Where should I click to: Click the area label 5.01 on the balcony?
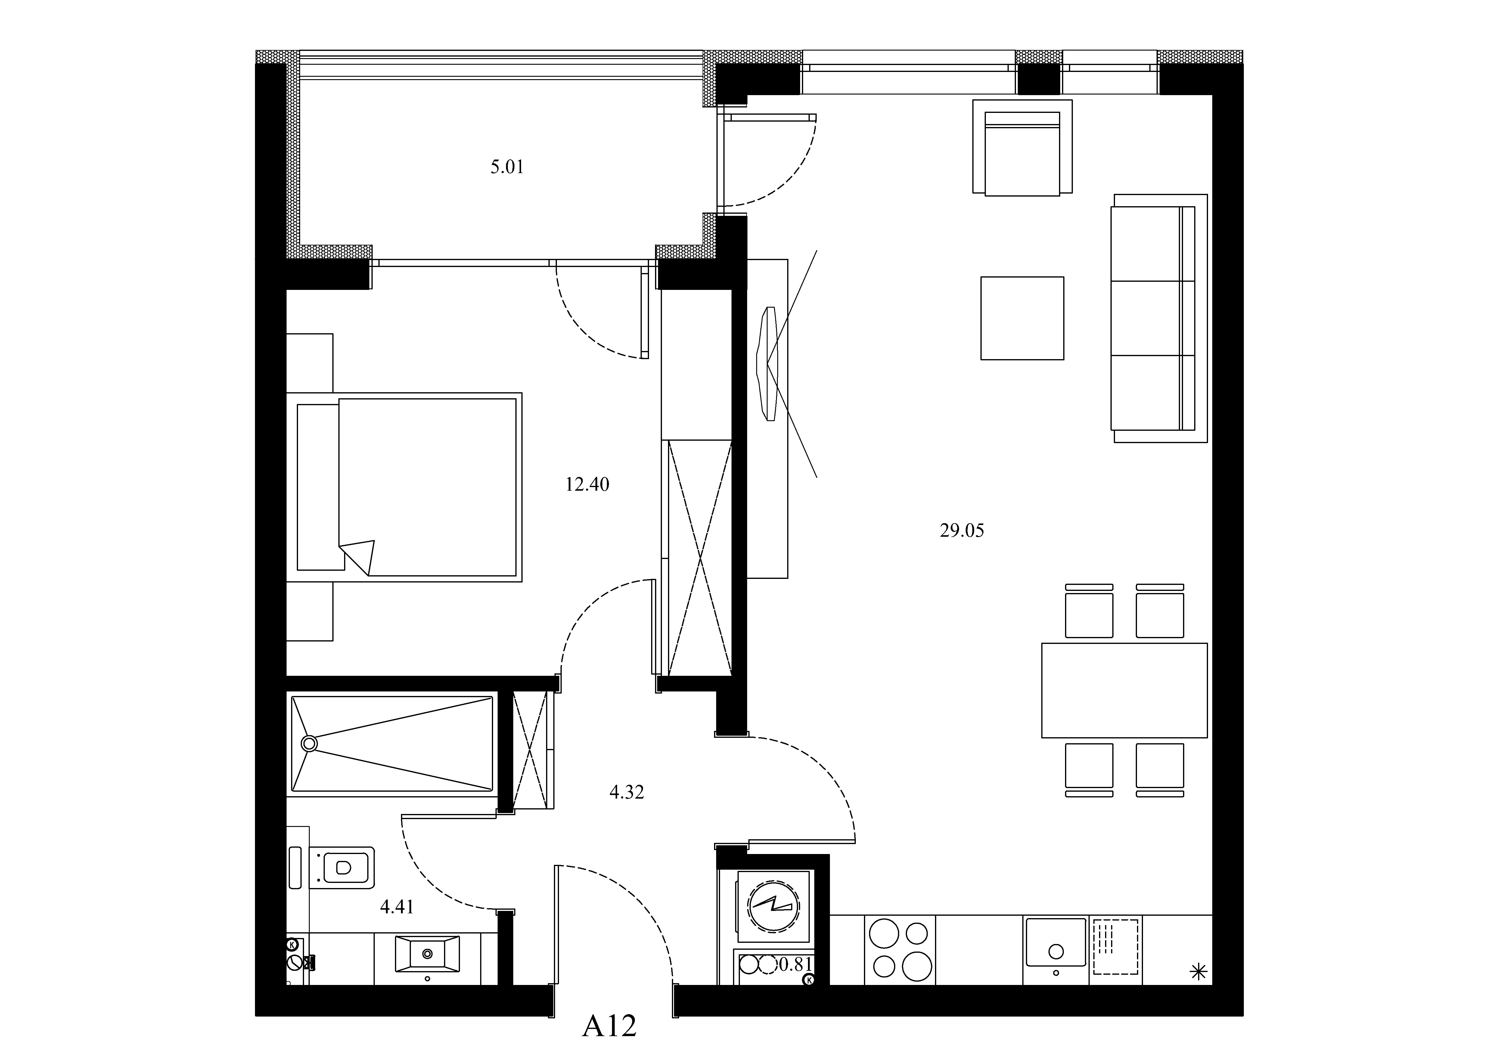pos(507,167)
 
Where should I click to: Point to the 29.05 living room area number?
pos(962,531)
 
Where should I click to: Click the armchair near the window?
pos(1022,147)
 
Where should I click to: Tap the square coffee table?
pos(1022,318)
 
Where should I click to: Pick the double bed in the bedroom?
pos(404,487)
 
